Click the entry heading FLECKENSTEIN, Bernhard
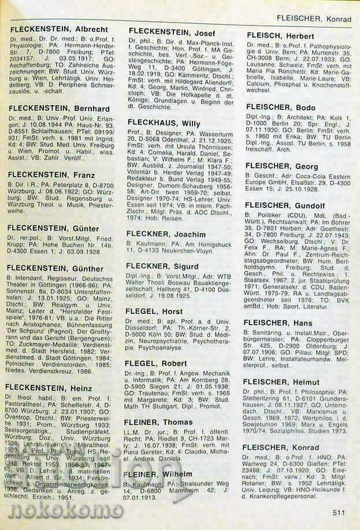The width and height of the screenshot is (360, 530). click(x=59, y=108)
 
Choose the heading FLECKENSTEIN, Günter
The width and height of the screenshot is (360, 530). click(x=54, y=228)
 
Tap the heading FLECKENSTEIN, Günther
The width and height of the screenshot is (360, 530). click(x=56, y=268)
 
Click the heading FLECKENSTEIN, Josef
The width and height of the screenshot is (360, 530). click(x=171, y=32)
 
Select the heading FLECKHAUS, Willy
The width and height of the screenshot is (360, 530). click(x=164, y=124)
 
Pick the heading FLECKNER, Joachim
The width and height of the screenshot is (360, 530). click(x=166, y=234)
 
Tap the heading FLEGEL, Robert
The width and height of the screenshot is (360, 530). click(x=157, y=364)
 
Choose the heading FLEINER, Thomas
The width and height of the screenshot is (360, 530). click(x=161, y=423)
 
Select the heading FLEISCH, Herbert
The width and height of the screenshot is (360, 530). click(x=280, y=35)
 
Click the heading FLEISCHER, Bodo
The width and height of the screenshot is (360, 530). click(x=280, y=108)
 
